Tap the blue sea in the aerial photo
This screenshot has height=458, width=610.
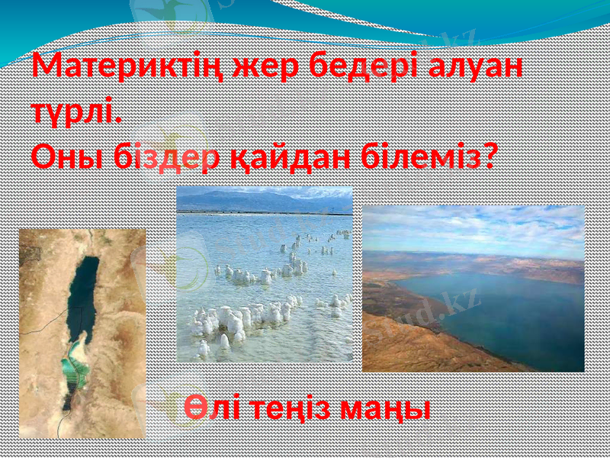point(496,313)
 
